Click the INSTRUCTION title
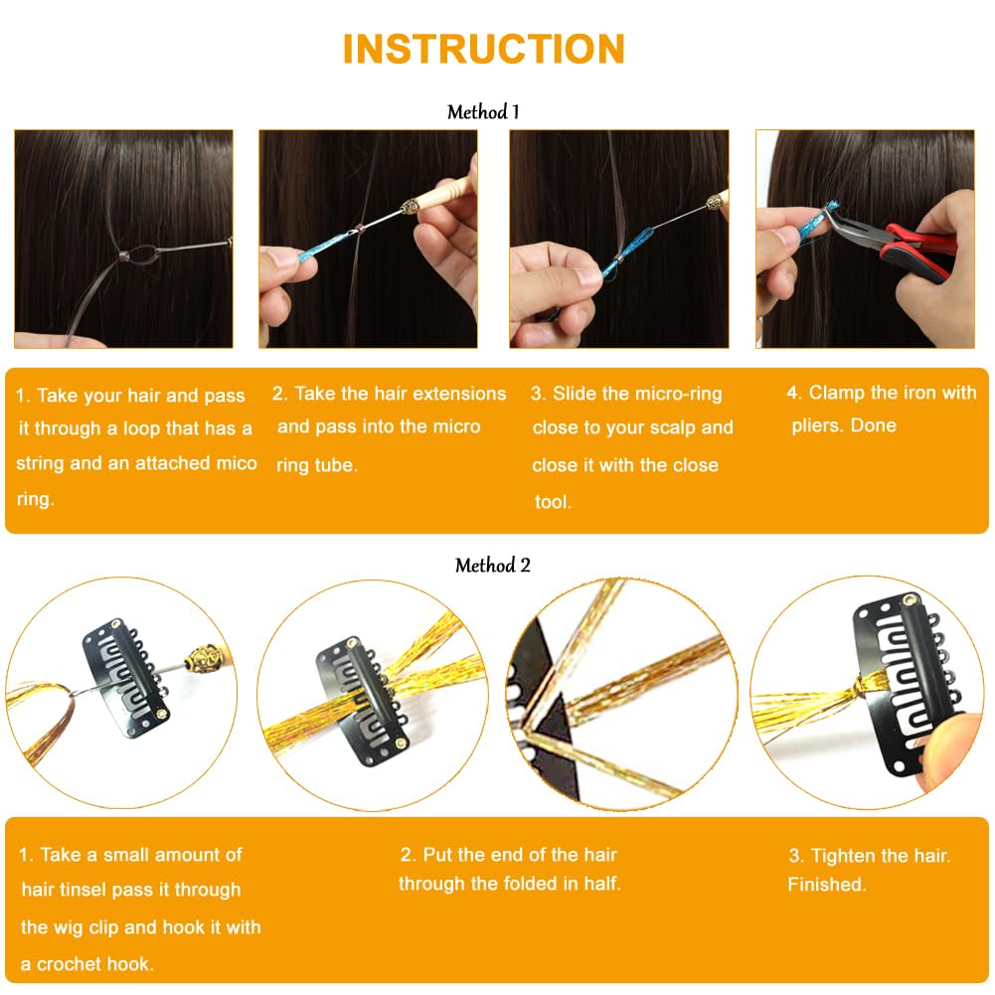tap(483, 49)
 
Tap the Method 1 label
tap(483, 112)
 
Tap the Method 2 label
tap(493, 566)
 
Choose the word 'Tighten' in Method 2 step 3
tap(843, 856)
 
